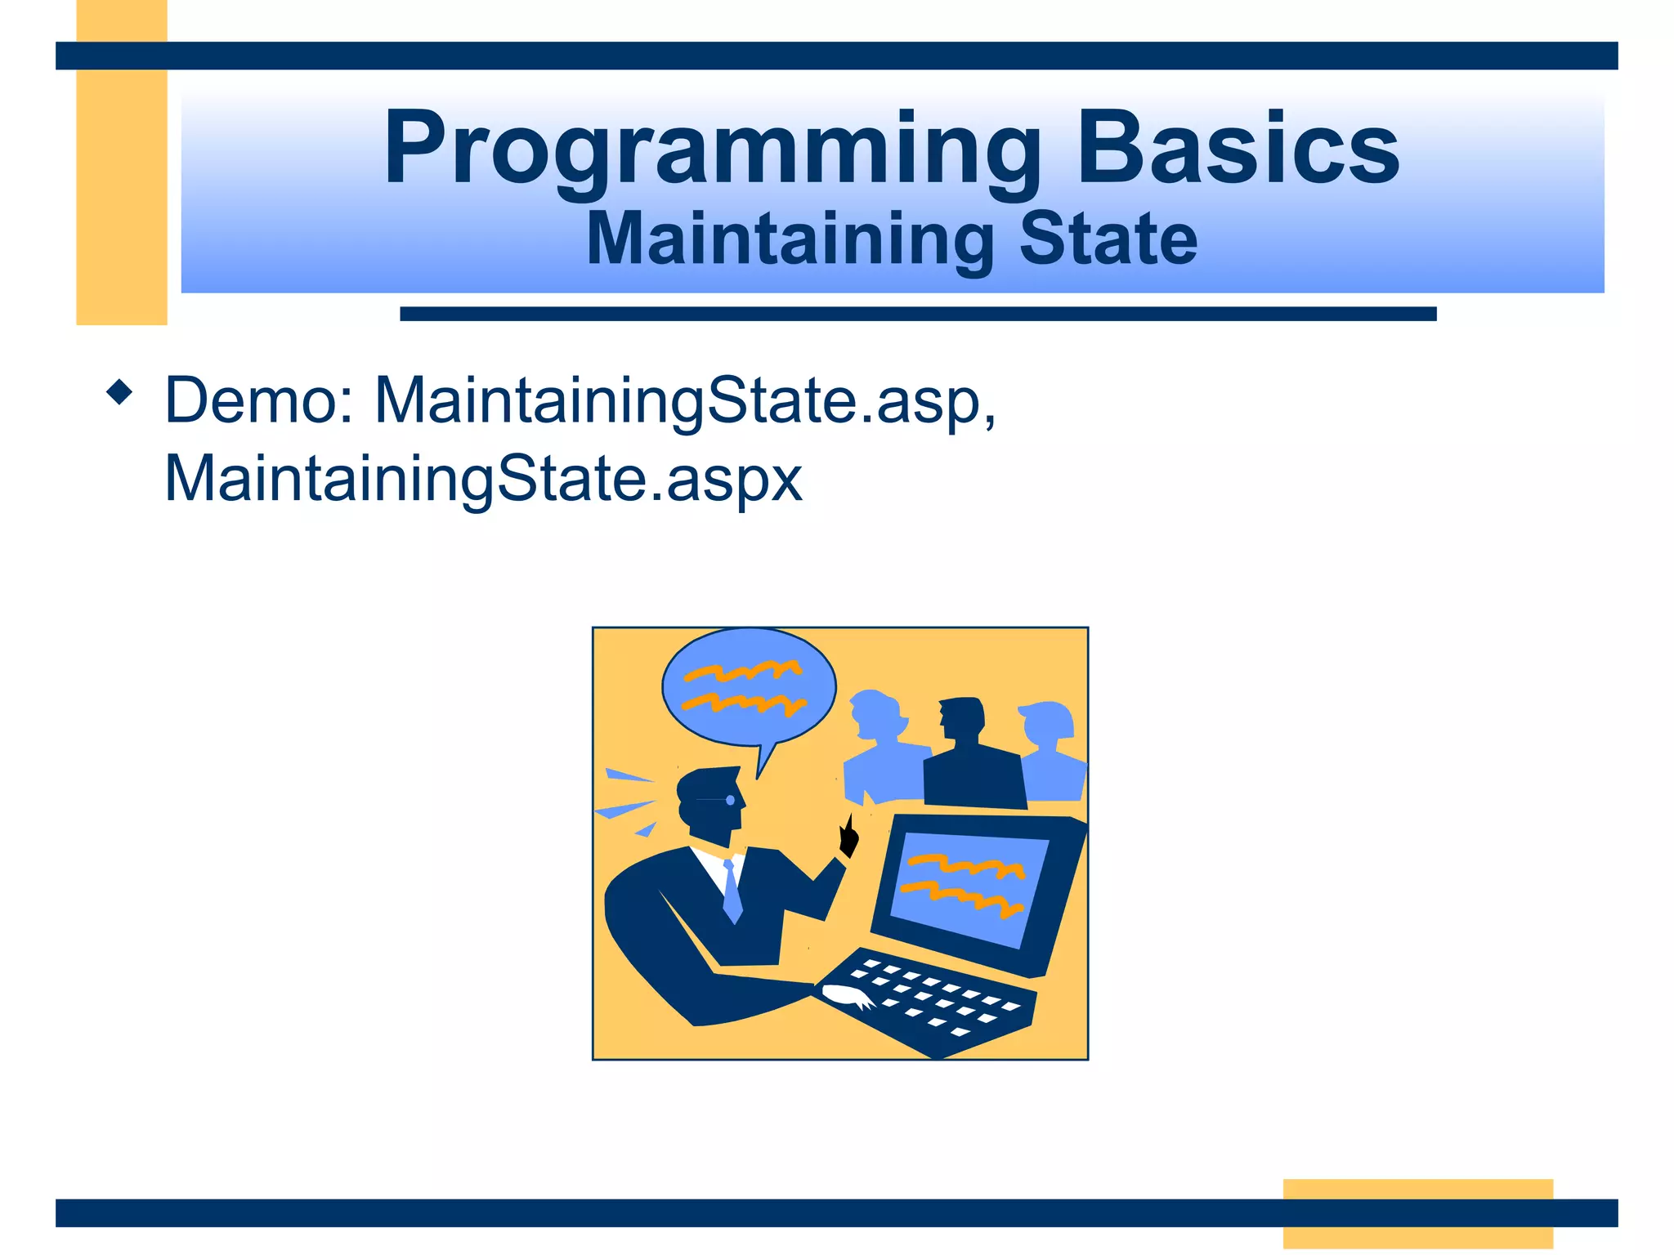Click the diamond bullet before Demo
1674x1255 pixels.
(x=119, y=393)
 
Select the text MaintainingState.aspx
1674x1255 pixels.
(x=483, y=479)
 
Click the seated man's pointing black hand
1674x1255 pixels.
(x=849, y=837)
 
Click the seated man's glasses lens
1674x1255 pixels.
(x=730, y=800)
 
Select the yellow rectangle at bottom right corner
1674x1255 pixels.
(x=1417, y=1213)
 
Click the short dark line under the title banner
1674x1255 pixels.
(x=917, y=314)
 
